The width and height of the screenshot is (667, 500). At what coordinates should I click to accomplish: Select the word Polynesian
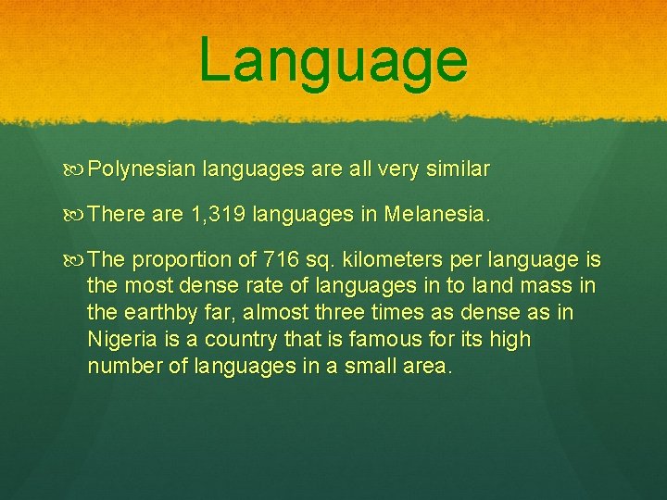click(144, 170)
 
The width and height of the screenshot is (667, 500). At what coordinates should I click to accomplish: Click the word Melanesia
click(435, 216)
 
